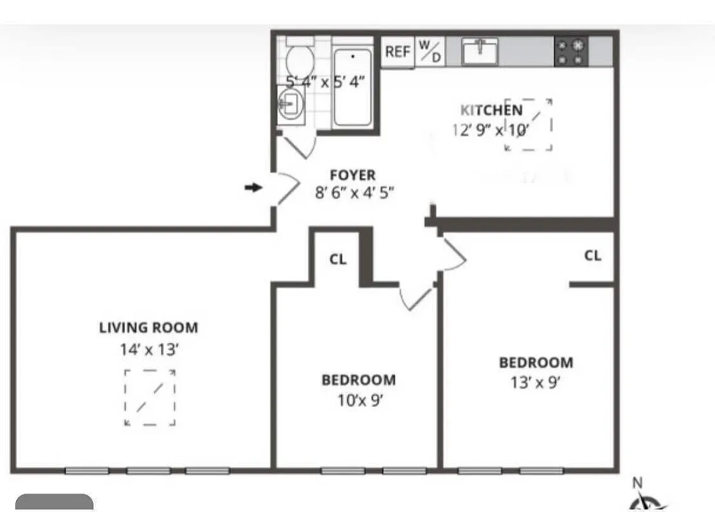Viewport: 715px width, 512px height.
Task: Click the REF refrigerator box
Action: click(397, 52)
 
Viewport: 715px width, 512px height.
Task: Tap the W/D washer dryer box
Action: click(430, 51)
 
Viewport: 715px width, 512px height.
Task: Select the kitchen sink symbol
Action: click(480, 51)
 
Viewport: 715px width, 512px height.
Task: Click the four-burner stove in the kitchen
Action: click(570, 52)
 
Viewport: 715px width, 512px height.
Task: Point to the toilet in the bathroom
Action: click(299, 60)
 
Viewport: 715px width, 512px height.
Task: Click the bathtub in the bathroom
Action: click(353, 86)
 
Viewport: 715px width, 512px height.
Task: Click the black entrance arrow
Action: click(254, 188)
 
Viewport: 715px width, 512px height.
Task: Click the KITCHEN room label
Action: click(491, 110)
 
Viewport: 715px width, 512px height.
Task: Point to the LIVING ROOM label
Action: click(149, 328)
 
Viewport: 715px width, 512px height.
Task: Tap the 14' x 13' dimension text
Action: click(149, 349)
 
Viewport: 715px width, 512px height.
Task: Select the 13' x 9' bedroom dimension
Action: click(536, 383)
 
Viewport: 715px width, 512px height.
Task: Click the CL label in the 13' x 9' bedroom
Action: click(593, 255)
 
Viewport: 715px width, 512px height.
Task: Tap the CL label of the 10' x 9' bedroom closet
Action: click(338, 259)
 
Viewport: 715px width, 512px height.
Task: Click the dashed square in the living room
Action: click(150, 397)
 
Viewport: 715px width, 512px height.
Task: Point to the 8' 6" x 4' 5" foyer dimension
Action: click(354, 193)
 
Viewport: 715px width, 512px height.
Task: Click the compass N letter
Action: click(638, 483)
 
